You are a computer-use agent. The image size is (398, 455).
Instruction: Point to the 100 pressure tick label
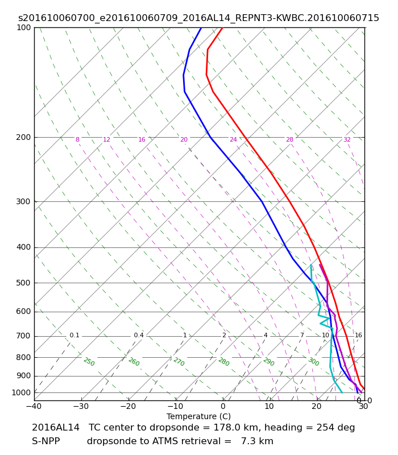click(24, 28)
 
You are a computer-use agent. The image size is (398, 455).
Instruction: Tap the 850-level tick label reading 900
click(24, 376)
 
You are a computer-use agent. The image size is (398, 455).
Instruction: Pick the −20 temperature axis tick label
click(128, 407)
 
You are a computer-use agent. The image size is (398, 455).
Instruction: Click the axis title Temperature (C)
click(198, 416)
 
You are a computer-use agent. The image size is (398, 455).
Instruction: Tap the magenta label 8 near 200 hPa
click(77, 140)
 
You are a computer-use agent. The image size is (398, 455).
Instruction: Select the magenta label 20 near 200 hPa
click(184, 140)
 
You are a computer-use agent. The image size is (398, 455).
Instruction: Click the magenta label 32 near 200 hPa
click(347, 140)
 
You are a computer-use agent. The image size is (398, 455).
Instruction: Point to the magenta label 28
click(289, 140)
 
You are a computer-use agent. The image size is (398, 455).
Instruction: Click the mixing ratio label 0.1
click(74, 336)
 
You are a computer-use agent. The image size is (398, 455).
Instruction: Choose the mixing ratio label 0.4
click(139, 336)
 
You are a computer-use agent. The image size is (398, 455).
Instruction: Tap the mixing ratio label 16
click(358, 336)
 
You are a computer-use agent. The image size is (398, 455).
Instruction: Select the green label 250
click(89, 362)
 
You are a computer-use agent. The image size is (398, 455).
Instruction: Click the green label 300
click(313, 362)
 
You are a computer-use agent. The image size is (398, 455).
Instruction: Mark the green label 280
click(223, 362)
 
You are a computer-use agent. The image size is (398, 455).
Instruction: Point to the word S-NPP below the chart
click(45, 441)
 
